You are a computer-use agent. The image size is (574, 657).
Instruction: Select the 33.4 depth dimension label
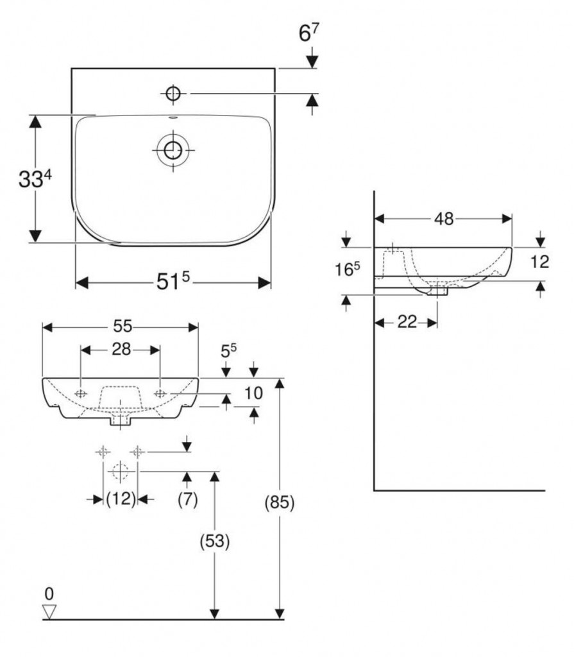point(35,179)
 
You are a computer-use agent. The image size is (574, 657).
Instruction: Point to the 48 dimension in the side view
point(443,219)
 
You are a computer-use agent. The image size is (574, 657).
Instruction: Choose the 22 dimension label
point(407,322)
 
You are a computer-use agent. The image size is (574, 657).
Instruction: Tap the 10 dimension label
point(254,393)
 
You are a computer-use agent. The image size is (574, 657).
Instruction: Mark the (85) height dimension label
point(279,504)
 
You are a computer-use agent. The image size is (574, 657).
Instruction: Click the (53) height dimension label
point(215,542)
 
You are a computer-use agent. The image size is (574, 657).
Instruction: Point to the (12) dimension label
point(121,499)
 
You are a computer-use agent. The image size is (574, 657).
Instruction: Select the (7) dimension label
point(187,499)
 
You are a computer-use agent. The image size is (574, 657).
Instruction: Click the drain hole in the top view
point(173,151)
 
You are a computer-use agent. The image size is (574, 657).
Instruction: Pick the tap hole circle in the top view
point(173,94)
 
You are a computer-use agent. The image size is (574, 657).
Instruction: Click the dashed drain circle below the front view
point(119,472)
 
